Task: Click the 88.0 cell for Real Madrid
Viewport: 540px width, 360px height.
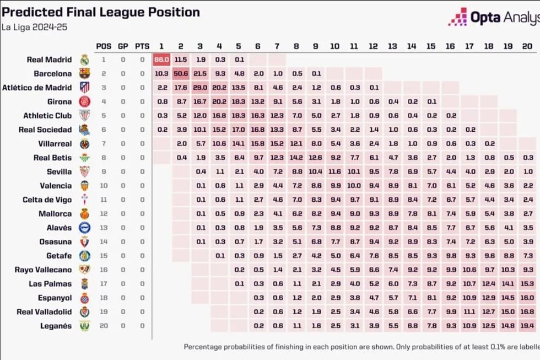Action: pyautogui.click(x=161, y=60)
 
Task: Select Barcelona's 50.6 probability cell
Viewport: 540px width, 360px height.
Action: pyautogui.click(x=181, y=73)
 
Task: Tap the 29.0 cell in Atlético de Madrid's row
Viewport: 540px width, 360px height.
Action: pyautogui.click(x=199, y=87)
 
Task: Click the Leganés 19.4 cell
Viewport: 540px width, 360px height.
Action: pyautogui.click(x=526, y=326)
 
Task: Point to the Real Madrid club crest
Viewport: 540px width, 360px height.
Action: pyautogui.click(x=84, y=60)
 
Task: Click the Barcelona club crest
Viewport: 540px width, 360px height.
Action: pyautogui.click(x=84, y=73)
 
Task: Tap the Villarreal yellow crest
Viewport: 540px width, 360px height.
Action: pyautogui.click(x=84, y=143)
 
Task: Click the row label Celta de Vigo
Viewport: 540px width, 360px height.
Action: pyautogui.click(x=47, y=200)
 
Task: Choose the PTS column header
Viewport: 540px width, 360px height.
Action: pyautogui.click(x=142, y=46)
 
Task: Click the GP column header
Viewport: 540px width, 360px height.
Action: pyautogui.click(x=123, y=46)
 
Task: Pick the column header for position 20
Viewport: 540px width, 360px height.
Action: pyautogui.click(x=526, y=46)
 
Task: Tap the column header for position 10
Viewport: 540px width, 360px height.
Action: pyautogui.click(x=334, y=46)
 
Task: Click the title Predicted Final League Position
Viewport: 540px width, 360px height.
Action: pyautogui.click(x=100, y=12)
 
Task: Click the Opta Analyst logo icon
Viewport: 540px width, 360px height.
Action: pyautogui.click(x=457, y=17)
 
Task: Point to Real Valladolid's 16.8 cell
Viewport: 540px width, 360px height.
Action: pyautogui.click(x=526, y=312)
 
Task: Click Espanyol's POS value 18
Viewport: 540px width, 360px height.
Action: pyautogui.click(x=104, y=298)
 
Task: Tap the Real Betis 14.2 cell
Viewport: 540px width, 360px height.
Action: pyautogui.click(x=296, y=158)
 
